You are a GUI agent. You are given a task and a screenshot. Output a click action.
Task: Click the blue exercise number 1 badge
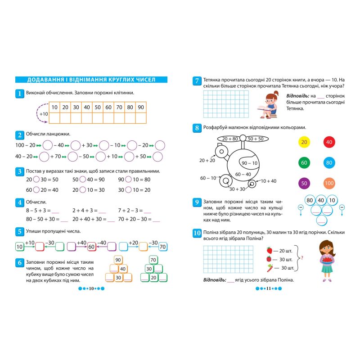tap(19, 93)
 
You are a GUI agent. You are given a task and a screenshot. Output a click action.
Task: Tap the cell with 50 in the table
tap(98, 107)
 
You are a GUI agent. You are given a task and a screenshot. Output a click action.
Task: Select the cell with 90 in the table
tap(141, 107)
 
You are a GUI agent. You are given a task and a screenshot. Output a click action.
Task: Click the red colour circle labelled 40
tap(329, 142)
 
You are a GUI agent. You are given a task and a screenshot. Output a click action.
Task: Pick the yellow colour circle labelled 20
tap(304, 142)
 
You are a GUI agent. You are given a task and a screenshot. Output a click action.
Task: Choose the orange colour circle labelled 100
tap(329, 183)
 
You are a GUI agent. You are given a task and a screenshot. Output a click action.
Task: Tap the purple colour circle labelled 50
tap(304, 183)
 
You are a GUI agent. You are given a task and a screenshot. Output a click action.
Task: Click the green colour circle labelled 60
tap(304, 162)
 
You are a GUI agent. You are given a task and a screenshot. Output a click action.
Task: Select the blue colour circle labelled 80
tap(329, 162)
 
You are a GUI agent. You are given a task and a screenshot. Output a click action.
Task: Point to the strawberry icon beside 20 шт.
tap(270, 250)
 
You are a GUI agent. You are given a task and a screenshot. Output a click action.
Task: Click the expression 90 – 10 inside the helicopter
tap(249, 163)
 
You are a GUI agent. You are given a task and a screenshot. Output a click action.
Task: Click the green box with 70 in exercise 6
tap(153, 260)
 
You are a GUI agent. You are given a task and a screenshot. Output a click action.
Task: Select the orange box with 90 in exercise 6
tap(118, 260)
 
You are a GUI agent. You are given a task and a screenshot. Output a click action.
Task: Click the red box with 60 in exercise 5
tap(91, 247)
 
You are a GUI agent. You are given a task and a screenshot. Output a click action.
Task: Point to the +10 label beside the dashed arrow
tap(44, 114)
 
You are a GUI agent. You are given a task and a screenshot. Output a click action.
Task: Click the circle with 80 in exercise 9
tap(310, 200)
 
